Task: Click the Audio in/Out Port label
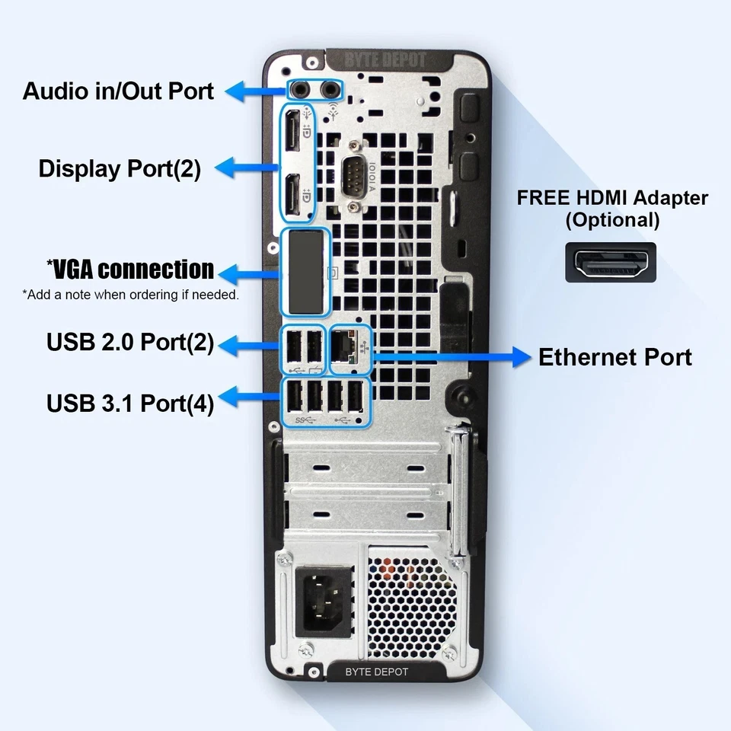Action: (118, 91)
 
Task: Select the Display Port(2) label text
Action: (120, 168)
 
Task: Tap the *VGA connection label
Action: (130, 270)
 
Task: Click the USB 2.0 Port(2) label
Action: (130, 343)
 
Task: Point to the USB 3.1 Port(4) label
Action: (130, 401)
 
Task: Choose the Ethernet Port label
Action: (614, 357)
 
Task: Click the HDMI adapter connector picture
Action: (610, 263)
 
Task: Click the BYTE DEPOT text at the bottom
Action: (376, 672)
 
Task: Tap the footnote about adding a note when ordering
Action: (130, 295)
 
